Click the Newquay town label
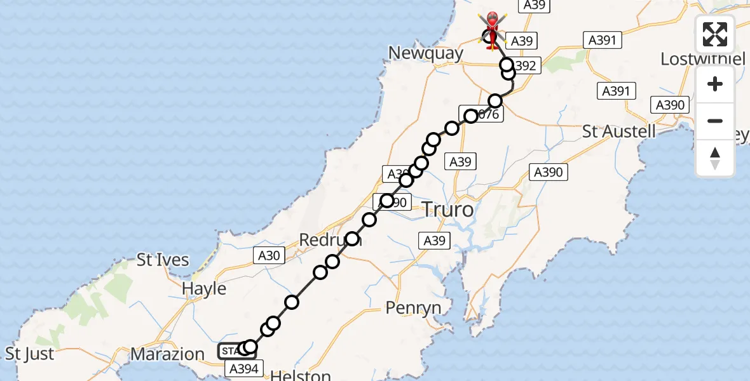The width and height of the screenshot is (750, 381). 426,53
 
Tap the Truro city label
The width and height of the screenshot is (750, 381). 447,209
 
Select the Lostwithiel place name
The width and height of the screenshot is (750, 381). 703,59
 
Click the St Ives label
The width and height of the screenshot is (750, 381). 163,260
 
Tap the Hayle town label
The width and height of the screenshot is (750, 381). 204,288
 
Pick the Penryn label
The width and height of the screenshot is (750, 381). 413,308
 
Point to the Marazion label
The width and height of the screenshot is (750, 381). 168,353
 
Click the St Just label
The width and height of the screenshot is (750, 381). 30,353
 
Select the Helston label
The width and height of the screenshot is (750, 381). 301,375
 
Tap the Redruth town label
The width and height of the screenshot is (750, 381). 331,241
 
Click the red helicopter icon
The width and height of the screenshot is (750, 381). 493,29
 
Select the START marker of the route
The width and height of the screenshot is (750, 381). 231,351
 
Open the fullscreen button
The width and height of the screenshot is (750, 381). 715,34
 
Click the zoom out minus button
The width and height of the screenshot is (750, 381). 715,121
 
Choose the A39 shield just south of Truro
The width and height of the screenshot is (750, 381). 435,241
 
